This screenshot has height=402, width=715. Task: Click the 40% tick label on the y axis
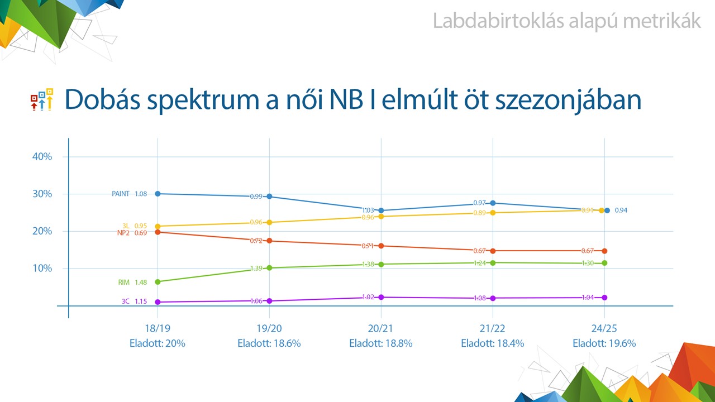tap(42, 157)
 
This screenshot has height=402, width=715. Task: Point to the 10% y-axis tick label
tap(42, 269)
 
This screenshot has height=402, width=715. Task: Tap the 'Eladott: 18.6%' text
tap(269, 343)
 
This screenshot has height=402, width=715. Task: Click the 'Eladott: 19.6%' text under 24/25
tap(604, 343)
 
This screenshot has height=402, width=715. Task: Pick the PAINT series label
tap(121, 194)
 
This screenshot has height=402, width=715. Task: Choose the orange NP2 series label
tap(123, 233)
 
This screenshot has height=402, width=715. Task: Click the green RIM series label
tap(124, 283)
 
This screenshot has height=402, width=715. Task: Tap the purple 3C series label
tap(126, 301)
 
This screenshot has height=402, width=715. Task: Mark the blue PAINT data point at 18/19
tap(158, 193)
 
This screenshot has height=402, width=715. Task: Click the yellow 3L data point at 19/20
tap(269, 222)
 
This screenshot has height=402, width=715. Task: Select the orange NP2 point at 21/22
tap(493, 251)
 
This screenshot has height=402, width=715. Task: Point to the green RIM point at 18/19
tap(158, 282)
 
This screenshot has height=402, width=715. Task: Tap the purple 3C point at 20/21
tap(381, 297)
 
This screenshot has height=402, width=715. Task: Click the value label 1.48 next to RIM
tap(141, 283)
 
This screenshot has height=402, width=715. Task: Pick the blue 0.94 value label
tap(621, 210)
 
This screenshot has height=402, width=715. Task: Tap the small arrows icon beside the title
tap(42, 99)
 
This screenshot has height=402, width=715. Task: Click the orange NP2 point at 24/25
tap(604, 251)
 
